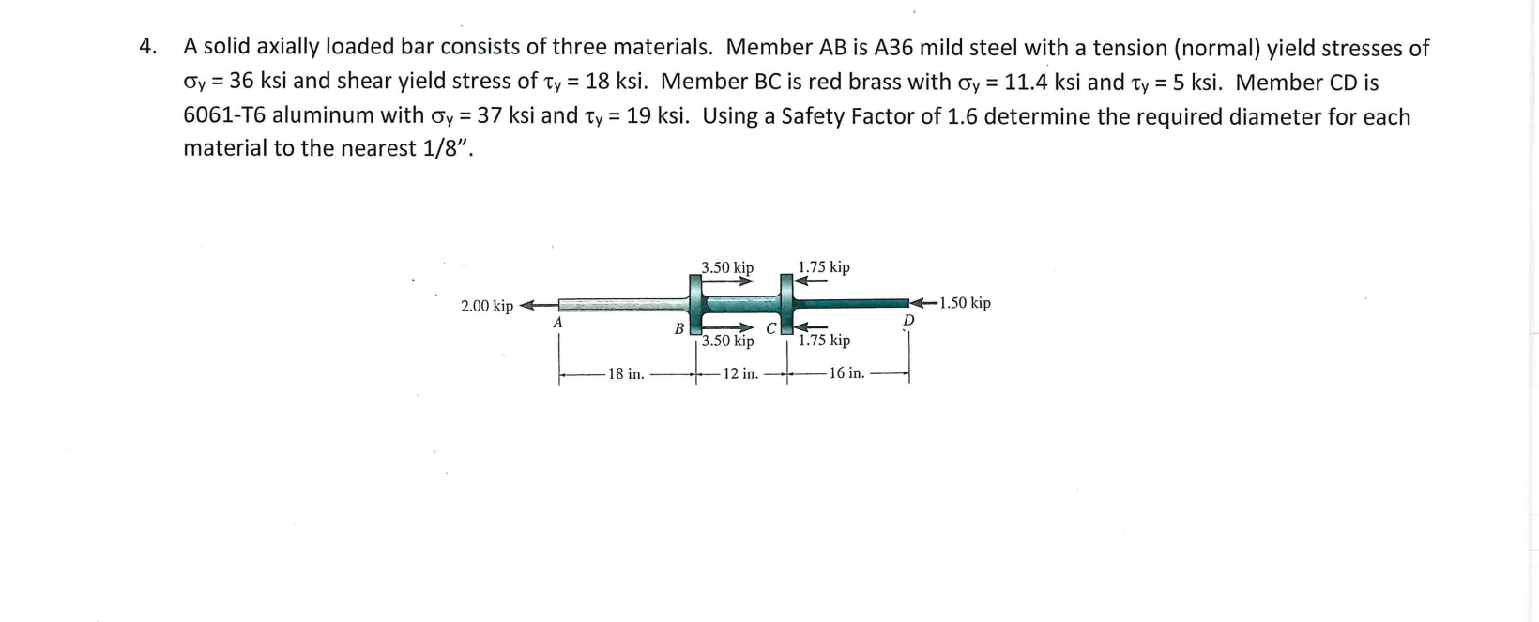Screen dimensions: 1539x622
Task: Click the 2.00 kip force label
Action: (486, 306)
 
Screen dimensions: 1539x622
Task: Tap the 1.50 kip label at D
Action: (965, 303)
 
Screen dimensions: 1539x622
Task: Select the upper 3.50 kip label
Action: (727, 267)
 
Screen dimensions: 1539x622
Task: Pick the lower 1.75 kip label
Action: (824, 340)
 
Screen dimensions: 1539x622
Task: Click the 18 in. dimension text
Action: (626, 374)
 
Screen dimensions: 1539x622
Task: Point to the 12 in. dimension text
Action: (740, 374)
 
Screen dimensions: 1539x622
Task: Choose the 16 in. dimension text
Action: (847, 372)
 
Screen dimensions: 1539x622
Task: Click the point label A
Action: (557, 322)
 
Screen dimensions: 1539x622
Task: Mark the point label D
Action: (908, 321)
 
